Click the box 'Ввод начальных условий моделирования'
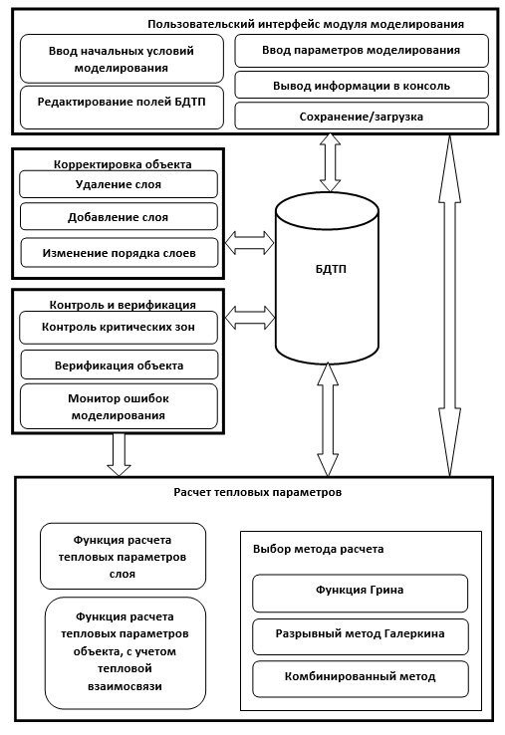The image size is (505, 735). [122, 59]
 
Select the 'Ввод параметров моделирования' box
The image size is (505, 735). [362, 50]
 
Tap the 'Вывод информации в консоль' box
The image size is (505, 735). [362, 85]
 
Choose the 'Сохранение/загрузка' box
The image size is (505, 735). [362, 116]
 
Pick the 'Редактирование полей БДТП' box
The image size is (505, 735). [122, 108]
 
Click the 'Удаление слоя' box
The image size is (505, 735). [119, 184]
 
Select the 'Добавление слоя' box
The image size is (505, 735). [119, 216]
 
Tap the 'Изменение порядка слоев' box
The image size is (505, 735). [120, 253]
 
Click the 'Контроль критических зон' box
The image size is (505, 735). [119, 328]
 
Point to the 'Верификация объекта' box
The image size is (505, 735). [120, 365]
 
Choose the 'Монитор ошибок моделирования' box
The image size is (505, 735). [119, 406]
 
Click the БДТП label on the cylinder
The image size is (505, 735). [331, 269]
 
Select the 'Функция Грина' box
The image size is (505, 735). [361, 593]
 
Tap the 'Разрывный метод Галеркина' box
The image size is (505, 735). [361, 636]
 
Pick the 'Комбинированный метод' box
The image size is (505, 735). [361, 679]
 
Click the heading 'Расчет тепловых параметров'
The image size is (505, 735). [258, 492]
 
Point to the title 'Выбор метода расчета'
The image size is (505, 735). [319, 549]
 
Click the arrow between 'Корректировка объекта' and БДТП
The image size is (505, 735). [249, 242]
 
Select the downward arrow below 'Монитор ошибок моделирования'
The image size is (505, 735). [120, 455]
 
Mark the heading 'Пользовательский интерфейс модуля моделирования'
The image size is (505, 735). [306, 24]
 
